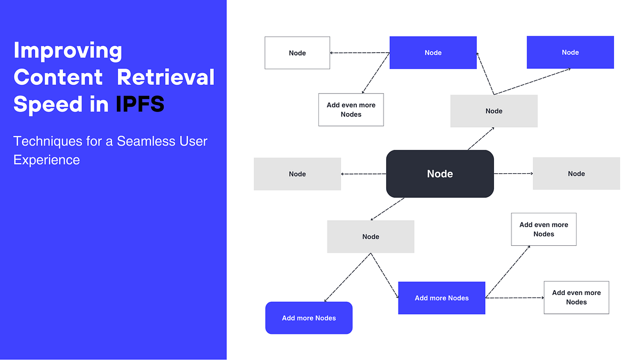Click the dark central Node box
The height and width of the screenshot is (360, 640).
(439, 174)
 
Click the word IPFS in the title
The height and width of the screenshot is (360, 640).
(140, 104)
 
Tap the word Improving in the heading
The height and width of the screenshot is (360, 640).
(68, 51)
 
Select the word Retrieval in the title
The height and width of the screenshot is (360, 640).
(166, 77)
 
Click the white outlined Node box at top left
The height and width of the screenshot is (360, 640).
(297, 53)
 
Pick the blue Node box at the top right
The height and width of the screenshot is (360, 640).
(570, 52)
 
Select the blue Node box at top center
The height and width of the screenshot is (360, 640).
(433, 53)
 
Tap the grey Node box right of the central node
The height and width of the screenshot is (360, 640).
(576, 174)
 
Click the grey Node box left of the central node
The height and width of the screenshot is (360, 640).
(297, 174)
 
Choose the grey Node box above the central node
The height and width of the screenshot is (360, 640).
(494, 111)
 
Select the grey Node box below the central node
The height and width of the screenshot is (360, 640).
(371, 237)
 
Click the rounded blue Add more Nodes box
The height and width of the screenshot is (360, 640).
(309, 318)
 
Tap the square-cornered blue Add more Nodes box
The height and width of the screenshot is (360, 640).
(442, 298)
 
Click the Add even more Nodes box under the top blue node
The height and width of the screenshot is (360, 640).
(351, 110)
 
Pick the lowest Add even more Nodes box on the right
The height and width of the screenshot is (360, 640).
(576, 298)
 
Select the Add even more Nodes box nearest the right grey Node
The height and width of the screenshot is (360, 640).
(543, 229)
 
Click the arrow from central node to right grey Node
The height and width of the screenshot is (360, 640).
(513, 174)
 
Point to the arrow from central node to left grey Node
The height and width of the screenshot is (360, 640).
(363, 174)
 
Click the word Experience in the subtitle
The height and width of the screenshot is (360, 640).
(46, 160)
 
